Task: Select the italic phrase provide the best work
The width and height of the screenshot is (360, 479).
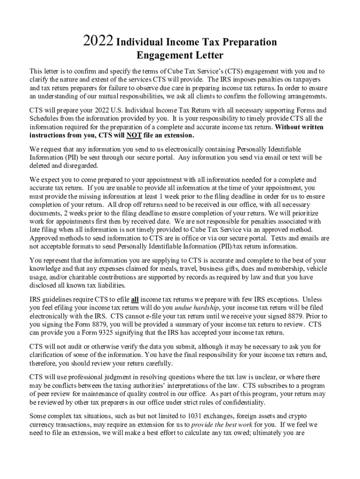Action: click(223, 425)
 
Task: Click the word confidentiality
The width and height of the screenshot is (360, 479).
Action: click(249, 402)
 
